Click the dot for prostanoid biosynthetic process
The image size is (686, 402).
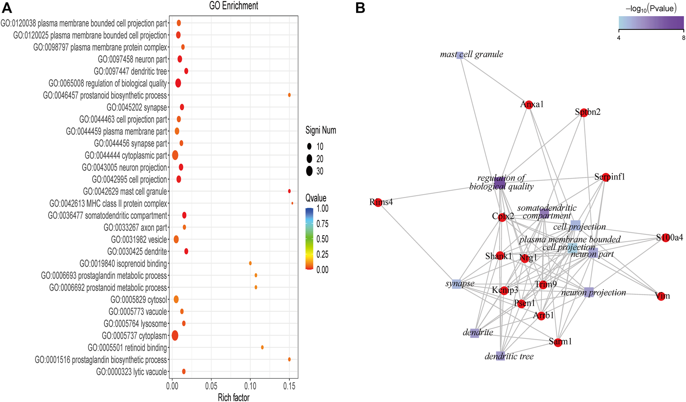coord(289,95)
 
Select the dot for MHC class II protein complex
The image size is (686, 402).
coord(292,203)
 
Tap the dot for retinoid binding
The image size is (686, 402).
coord(262,347)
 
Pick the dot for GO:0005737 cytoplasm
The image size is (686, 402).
coord(175,335)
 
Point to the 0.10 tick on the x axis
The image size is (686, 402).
coord(250,386)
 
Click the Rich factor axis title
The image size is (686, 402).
coord(233,397)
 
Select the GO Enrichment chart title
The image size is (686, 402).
coord(233,5)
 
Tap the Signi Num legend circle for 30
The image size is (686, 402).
coord(309,171)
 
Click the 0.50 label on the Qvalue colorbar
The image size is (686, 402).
coord(322,239)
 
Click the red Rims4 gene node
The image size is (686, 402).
coord(378,202)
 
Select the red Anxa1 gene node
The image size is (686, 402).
coord(529,104)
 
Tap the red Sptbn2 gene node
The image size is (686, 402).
coord(584,113)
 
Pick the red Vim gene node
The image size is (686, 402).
coord(661,297)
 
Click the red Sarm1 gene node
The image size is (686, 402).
coord(557,342)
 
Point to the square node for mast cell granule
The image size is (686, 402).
coord(460,55)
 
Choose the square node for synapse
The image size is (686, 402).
coord(456,284)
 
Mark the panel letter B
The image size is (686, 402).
coord(360,8)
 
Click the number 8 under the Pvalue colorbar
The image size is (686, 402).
coord(683,38)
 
